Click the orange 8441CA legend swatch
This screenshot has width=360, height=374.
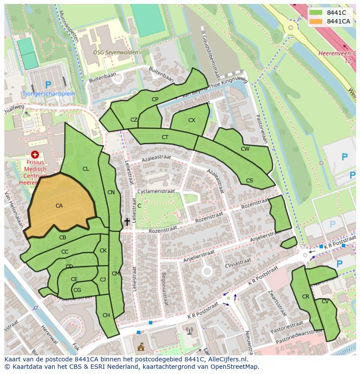click(316, 21)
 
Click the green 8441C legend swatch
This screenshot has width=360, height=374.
click(316, 12)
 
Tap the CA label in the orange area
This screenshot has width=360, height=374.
click(59, 206)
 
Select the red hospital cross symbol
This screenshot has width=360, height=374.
click(35, 154)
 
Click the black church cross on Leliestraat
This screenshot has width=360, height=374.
click(127, 222)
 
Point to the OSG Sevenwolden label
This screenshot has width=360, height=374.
click(116, 53)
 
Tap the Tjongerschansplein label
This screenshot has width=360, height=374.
click(49, 93)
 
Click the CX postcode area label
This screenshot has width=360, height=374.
click(192, 120)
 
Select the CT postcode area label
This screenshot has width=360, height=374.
click(165, 137)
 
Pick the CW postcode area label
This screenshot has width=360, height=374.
click(245, 149)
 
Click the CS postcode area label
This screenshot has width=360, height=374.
click(250, 181)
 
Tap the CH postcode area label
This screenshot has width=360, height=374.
click(106, 315)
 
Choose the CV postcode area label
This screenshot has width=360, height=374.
click(325, 301)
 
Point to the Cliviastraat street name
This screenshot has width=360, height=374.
click(238, 262)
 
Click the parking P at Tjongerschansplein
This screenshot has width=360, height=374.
click(48, 85)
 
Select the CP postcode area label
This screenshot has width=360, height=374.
click(155, 99)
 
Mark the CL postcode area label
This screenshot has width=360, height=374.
click(86, 169)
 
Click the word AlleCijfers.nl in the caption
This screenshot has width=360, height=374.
click(226, 359)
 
